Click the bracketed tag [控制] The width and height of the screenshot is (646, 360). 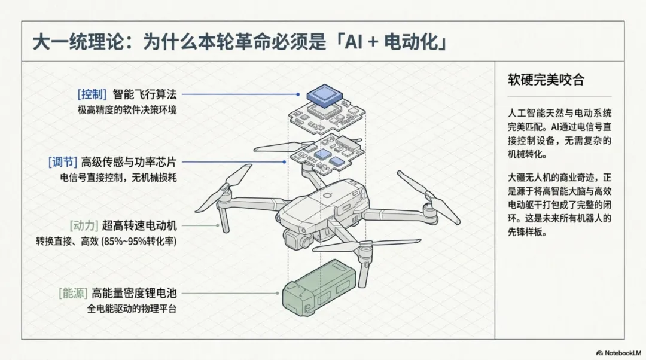pos(92,94)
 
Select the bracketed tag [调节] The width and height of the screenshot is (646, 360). pos(63,161)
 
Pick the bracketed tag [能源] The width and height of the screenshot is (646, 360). pos(73,293)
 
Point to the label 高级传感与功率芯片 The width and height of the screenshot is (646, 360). pos(132,161)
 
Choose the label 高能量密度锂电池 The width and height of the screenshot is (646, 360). pos(135,293)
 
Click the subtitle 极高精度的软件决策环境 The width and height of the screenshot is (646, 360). pos(127,110)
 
